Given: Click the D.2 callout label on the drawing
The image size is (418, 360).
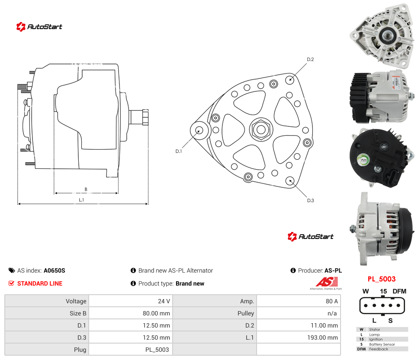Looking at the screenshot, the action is pyautogui.click(x=310, y=59).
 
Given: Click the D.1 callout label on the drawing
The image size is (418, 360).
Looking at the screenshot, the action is pyautogui.click(x=178, y=151).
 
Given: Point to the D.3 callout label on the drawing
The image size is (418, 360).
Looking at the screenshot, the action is pyautogui.click(x=310, y=200).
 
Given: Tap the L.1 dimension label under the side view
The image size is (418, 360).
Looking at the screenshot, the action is pyautogui.click(x=81, y=200).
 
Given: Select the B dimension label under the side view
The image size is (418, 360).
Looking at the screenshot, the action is pyautogui.click(x=86, y=190).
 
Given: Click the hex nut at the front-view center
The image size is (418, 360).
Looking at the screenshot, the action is pyautogui.click(x=261, y=130).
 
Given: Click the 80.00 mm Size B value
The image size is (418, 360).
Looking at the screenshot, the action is pyautogui.click(x=156, y=313).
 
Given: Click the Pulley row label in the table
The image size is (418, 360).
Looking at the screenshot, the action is pyautogui.click(x=246, y=313).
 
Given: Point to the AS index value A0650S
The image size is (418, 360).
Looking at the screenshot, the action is pyautogui.click(x=55, y=270).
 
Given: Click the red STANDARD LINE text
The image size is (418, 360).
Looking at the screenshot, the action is pyautogui.click(x=40, y=283).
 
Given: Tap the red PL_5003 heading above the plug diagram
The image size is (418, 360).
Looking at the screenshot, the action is pyautogui.click(x=382, y=279).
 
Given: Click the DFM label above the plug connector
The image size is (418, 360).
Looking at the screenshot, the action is pyautogui.click(x=399, y=291).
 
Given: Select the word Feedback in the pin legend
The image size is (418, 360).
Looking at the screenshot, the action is pyautogui.click(x=379, y=349).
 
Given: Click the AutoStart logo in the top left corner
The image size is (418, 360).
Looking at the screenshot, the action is pyautogui.click(x=39, y=27).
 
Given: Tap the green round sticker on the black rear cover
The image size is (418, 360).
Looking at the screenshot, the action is pyautogui.click(x=363, y=160).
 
